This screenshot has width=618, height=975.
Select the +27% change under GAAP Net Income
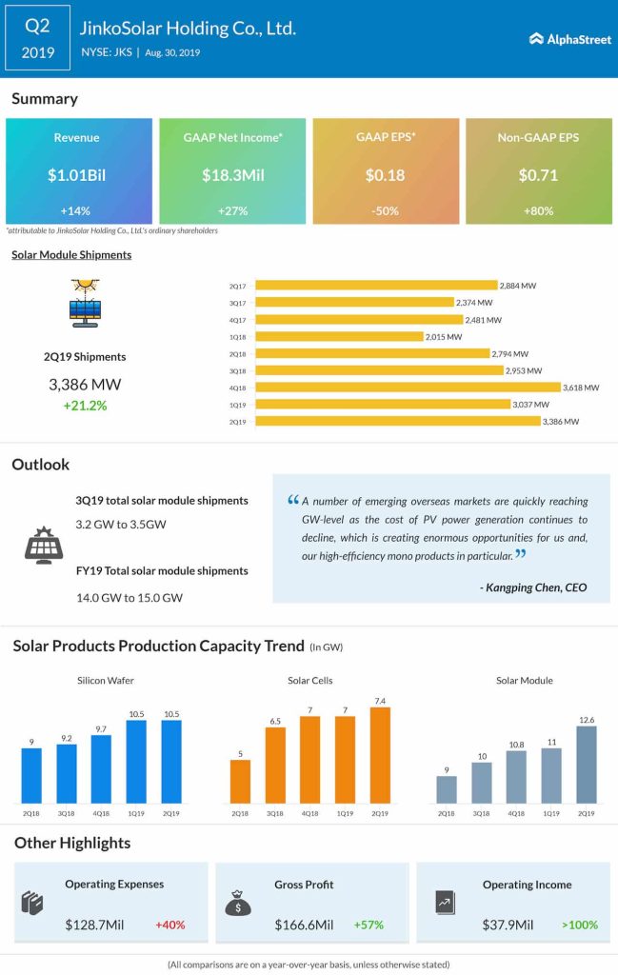tap(231, 210)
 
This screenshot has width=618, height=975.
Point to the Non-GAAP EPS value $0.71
tap(538, 174)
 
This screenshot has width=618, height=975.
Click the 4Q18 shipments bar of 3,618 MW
tap(409, 387)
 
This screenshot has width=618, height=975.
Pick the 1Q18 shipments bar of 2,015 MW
tap(339, 336)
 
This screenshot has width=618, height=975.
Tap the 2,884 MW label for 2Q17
tap(520, 285)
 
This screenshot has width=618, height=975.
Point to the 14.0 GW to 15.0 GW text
tap(129, 597)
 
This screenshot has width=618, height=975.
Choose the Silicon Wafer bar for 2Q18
tap(31, 774)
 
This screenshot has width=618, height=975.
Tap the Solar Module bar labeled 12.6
tap(587, 764)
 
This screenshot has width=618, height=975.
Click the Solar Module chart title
tap(525, 680)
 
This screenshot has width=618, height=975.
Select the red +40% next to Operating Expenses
tap(169, 924)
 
